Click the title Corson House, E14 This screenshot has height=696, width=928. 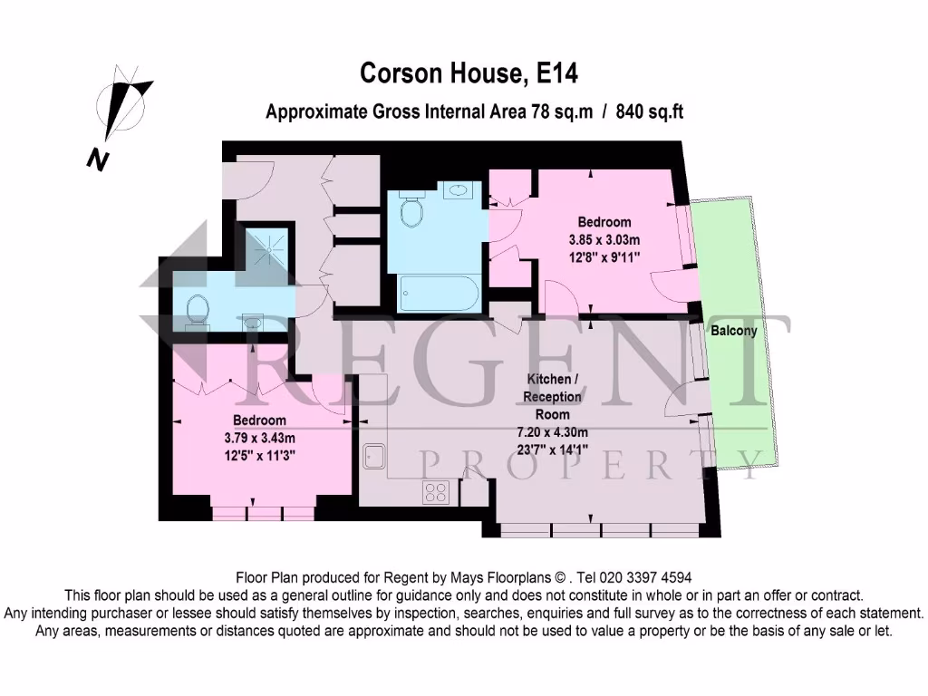468,73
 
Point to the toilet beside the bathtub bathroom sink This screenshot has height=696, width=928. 412,213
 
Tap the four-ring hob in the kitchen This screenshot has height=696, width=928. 436,492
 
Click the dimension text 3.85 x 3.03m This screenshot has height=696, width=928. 604,239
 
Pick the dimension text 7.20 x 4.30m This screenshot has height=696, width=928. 552,431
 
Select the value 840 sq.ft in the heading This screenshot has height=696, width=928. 649,112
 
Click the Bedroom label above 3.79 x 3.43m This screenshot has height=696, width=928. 260,420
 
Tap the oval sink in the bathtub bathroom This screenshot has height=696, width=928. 461,190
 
